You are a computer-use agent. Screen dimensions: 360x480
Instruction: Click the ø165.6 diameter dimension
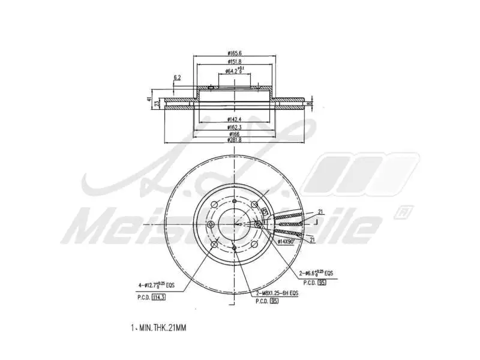tap(235, 53)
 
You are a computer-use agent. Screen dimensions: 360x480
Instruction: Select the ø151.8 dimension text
tap(235, 62)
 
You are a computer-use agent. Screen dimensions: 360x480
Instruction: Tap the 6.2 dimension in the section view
tap(178, 78)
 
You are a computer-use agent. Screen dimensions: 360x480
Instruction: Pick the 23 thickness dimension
tap(157, 104)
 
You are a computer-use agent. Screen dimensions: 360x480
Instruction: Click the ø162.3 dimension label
tap(234, 127)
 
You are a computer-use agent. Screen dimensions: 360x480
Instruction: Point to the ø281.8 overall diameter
tap(234, 140)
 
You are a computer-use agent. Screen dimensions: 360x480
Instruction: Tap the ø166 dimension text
tap(234, 134)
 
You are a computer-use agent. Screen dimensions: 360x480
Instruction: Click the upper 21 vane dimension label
tap(320, 212)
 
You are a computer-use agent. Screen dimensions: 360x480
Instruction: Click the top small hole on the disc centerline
tap(233, 202)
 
